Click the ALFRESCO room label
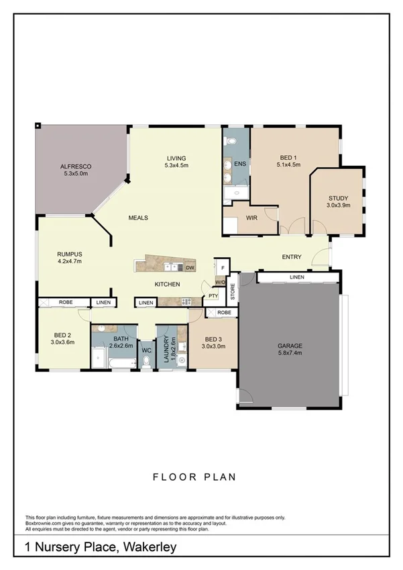[75, 169]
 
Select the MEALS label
[138, 218]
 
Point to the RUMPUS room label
[69, 257]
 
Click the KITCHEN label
[168, 285]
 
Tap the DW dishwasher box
[190, 267]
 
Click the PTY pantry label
[213, 295]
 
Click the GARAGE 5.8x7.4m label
[290, 349]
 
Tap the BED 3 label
[213, 342]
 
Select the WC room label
[146, 349]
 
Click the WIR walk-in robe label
[252, 218]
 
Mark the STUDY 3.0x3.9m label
[338, 201]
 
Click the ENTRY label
[291, 257]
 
